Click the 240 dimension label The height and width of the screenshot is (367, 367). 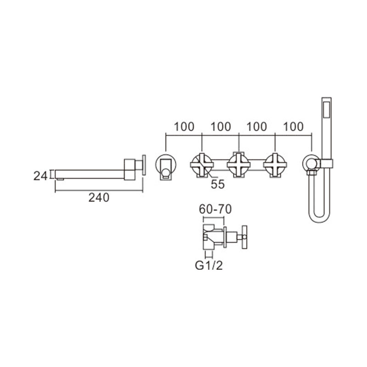pos(99,198)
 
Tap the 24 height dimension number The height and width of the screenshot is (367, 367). pos(40,176)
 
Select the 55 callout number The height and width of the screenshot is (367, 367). pos(217,184)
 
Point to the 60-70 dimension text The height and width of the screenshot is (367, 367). pos(215,209)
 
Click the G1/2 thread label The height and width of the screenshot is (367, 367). pos(209,266)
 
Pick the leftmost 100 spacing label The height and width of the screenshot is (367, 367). pos(184,127)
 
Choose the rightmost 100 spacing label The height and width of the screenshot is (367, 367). pos(293,127)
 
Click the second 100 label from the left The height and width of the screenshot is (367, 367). pos(221,127)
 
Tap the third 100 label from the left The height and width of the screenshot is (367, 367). pos(257,127)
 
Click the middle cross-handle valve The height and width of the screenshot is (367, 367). pos(239,165)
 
